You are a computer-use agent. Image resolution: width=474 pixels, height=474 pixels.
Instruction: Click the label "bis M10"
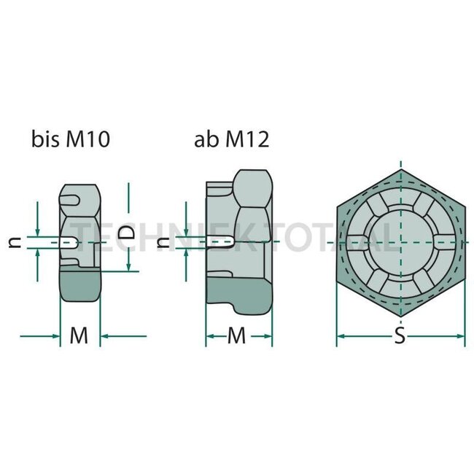tap(70, 139)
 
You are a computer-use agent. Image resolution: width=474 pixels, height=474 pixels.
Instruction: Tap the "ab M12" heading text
tap(231, 139)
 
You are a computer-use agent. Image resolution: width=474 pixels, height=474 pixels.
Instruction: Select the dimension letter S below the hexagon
tap(399, 336)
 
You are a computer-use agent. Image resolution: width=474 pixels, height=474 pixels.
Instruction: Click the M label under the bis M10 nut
tap(79, 336)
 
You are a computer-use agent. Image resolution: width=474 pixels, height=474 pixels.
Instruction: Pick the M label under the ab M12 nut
tap(238, 336)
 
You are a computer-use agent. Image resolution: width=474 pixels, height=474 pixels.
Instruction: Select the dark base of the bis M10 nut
tap(79, 286)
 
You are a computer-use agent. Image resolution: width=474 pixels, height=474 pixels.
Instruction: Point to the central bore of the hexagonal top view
tap(400, 241)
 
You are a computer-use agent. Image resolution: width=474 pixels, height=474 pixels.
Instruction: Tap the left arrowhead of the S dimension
tap(341, 336)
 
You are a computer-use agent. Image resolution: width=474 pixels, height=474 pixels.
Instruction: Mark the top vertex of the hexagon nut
tap(400, 169)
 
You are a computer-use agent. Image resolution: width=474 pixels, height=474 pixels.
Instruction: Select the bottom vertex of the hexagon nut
tap(400, 314)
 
